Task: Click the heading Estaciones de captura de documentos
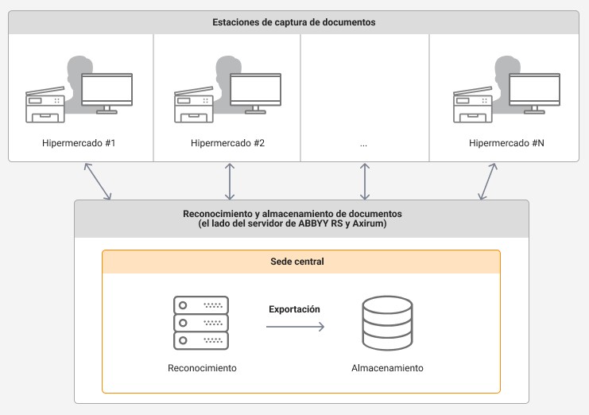click(294, 22)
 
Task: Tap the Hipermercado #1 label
click(79, 143)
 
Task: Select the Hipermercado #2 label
click(227, 143)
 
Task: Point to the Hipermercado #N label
click(506, 143)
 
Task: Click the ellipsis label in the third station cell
click(363, 145)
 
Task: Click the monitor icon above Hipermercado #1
click(107, 93)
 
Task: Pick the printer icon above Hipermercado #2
click(194, 105)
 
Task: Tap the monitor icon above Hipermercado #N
click(534, 93)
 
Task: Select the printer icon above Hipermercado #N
click(473, 105)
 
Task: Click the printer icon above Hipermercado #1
click(45, 105)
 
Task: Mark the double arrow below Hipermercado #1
click(98, 181)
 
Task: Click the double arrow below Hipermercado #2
click(230, 181)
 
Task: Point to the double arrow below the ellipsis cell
click(365, 181)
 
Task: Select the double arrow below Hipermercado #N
click(487, 181)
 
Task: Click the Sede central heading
click(297, 262)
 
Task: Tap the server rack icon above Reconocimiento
click(201, 323)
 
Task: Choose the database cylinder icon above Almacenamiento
click(387, 323)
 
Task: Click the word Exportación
click(294, 309)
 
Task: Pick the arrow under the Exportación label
click(295, 327)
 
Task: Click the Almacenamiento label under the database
click(387, 368)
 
